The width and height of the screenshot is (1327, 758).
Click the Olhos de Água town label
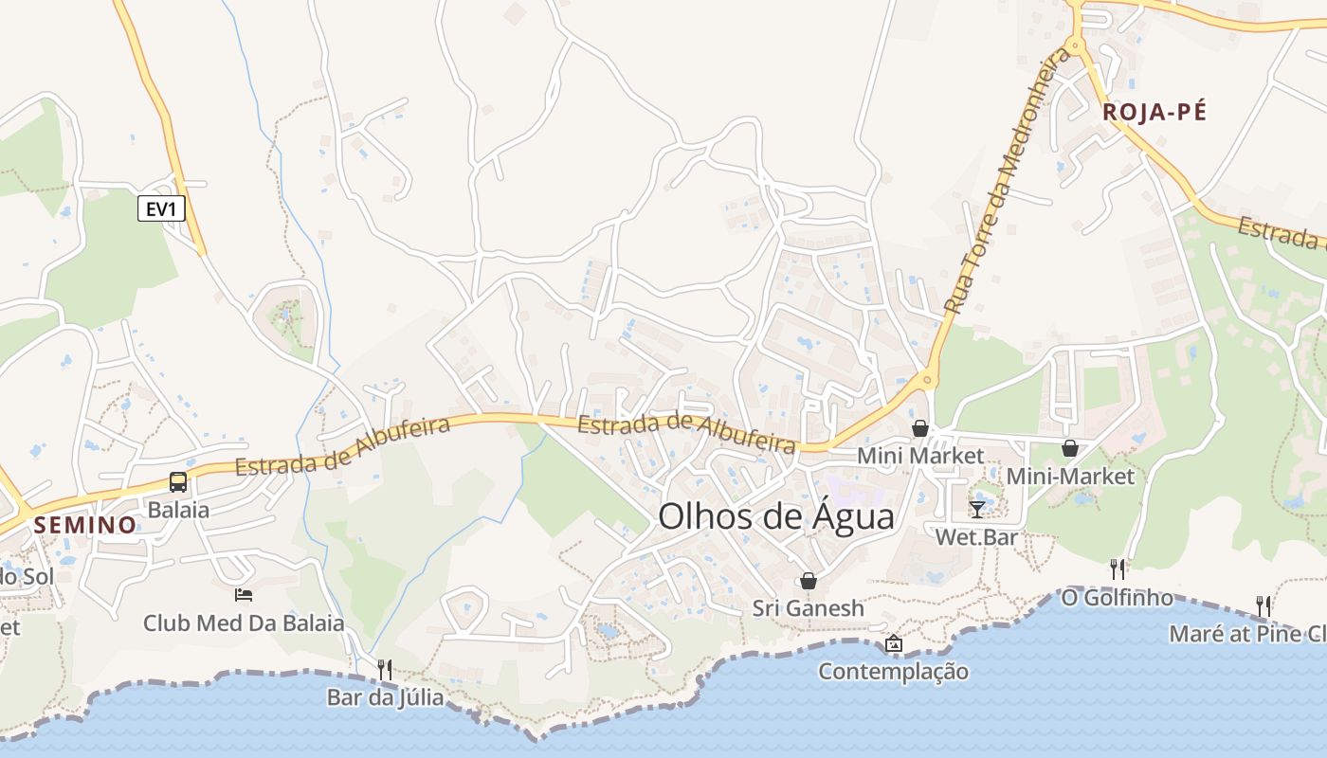(775, 516)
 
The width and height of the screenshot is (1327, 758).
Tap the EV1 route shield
(161, 208)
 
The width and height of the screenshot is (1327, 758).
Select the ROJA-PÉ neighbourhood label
(1154, 112)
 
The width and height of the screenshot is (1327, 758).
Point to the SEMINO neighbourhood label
(85, 525)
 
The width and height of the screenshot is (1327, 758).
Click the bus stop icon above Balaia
(178, 481)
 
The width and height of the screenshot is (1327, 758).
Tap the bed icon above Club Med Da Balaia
(244, 594)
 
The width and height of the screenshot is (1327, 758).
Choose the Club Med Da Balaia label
(244, 623)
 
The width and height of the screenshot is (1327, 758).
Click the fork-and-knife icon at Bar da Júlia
(385, 669)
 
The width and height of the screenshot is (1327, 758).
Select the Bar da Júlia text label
(385, 697)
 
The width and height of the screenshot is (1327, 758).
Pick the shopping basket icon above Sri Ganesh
(809, 580)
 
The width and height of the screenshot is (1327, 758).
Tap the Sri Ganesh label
(809, 607)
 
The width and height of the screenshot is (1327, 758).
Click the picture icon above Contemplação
(893, 644)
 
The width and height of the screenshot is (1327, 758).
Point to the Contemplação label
(893, 672)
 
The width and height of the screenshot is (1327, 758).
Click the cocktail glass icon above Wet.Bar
(977, 509)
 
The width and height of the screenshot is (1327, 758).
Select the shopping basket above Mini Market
(919, 428)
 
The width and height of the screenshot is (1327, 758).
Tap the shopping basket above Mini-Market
(1070, 447)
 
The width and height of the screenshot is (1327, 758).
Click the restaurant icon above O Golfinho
(1118, 568)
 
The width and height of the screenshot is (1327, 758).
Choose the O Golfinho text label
(1117, 598)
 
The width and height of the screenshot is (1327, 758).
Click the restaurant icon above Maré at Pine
(1263, 605)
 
